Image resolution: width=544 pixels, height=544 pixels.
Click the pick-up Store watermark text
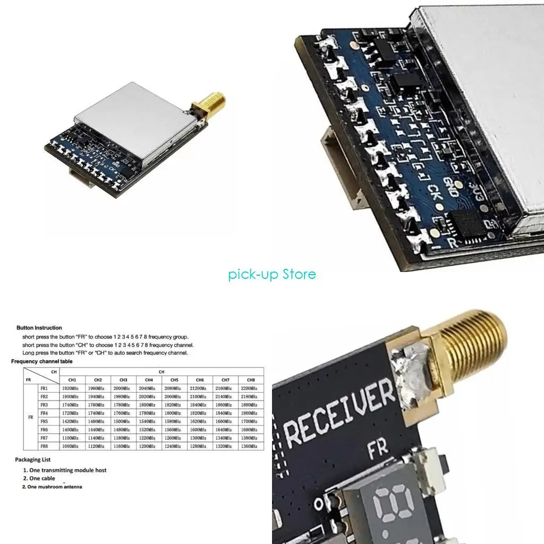272,274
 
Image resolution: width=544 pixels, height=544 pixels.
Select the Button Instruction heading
39,328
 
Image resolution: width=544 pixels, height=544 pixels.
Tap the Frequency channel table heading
42,361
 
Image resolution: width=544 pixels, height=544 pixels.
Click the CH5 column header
174,380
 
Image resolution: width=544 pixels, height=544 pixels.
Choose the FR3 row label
44,405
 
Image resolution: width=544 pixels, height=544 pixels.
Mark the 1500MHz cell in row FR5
123,421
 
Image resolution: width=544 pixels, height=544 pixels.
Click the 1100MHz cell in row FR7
70,438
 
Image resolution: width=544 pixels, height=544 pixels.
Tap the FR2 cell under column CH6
200,397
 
